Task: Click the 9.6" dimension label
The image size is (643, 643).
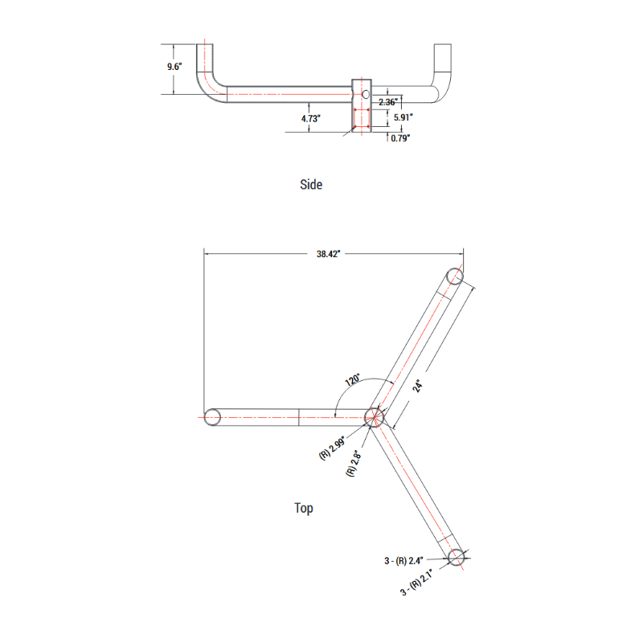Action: click(x=175, y=67)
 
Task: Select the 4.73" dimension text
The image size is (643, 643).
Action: click(x=312, y=118)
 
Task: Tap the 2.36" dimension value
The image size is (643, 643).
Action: click(x=388, y=102)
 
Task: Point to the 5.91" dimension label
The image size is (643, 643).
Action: click(x=403, y=117)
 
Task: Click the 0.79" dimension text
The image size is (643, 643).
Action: click(x=401, y=138)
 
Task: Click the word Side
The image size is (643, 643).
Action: click(x=311, y=185)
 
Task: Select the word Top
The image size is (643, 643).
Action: click(x=304, y=508)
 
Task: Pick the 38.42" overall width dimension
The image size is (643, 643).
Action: click(x=329, y=254)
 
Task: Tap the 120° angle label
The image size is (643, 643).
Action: click(x=351, y=379)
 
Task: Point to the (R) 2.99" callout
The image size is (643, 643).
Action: click(x=332, y=445)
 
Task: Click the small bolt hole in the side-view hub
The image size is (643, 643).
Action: click(x=365, y=95)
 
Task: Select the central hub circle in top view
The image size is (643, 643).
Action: click(x=374, y=416)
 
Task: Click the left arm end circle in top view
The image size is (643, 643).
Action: click(x=213, y=417)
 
